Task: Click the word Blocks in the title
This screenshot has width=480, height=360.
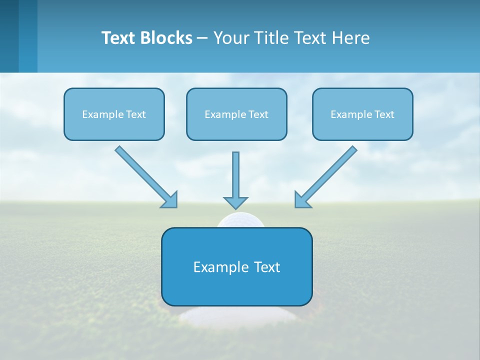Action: (163, 38)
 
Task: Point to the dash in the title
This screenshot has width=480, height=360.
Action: (202, 38)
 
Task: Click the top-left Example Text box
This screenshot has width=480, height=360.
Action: (114, 114)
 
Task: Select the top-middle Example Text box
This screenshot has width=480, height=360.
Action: (236, 114)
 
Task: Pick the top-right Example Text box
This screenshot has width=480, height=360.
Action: (362, 114)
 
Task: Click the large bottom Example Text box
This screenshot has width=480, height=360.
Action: (236, 266)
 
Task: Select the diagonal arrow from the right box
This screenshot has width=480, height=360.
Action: (330, 173)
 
